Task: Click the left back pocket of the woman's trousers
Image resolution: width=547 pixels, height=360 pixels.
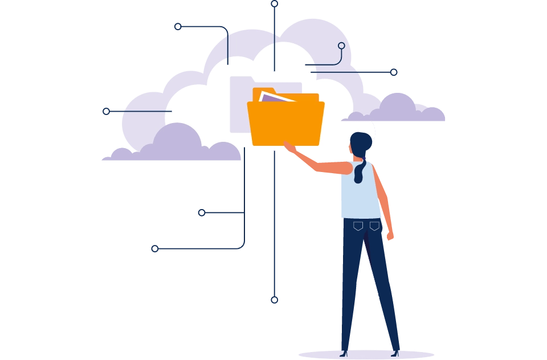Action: [x=358, y=226]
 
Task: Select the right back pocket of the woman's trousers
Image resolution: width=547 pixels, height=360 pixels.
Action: [x=374, y=226]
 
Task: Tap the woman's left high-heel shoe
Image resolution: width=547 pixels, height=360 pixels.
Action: [x=344, y=353]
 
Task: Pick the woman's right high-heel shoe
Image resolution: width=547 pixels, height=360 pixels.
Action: [x=395, y=353]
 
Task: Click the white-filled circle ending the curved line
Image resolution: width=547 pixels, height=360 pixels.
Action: [x=341, y=46]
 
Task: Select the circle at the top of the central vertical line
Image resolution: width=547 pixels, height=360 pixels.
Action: [x=274, y=3]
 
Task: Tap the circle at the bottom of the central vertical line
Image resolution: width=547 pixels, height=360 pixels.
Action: [x=274, y=300]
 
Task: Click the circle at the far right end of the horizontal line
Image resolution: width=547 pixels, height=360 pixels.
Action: [x=394, y=72]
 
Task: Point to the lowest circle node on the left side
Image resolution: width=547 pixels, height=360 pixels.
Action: [x=154, y=248]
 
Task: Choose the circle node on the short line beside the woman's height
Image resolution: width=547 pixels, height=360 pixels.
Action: [x=202, y=212]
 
